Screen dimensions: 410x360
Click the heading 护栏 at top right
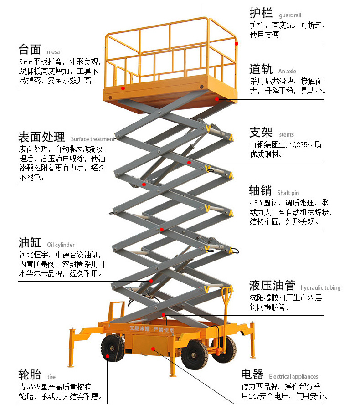[261, 12]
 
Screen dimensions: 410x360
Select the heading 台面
[30, 49]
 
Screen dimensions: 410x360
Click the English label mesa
[53, 51]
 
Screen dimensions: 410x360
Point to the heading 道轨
[261, 69]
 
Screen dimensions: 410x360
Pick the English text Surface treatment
[93, 139]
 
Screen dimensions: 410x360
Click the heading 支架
[261, 132]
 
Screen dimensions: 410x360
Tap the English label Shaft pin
[288, 193]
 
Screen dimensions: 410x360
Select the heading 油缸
[30, 242]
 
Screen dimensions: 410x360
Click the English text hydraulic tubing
[320, 287]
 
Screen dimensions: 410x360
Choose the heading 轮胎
[30, 374]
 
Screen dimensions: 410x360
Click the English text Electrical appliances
[293, 376]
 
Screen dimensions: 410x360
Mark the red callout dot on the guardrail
[237, 43]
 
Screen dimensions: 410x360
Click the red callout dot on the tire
[108, 356]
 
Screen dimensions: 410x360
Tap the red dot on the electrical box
[153, 349]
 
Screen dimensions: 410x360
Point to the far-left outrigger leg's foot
[71, 364]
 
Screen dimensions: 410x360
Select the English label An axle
[287, 72]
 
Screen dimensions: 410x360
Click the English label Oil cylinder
[61, 245]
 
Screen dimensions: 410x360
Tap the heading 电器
[252, 374]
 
